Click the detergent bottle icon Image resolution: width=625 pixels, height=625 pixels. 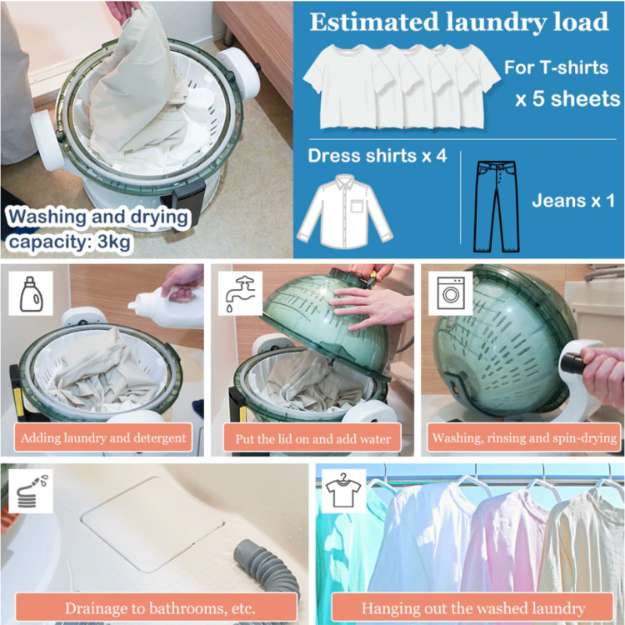(31, 294)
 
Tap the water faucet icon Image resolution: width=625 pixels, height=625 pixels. (240, 294)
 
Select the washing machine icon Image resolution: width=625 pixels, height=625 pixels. (451, 294)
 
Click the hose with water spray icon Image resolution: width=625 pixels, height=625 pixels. (31, 491)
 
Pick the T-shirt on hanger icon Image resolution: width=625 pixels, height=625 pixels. (343, 491)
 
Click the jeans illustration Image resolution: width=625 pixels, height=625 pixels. (497, 207)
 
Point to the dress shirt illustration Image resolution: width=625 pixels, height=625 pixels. (345, 212)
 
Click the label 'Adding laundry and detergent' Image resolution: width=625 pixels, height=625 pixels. (103, 437)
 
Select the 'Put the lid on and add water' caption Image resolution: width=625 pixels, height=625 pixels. (312, 438)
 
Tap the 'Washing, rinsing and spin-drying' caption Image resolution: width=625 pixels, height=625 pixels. (524, 438)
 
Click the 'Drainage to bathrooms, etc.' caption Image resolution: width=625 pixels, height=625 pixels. (160, 608)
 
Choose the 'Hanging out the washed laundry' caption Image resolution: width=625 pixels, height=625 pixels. (473, 608)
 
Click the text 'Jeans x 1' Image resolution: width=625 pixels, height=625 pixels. (573, 201)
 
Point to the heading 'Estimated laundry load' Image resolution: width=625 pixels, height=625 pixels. (459, 22)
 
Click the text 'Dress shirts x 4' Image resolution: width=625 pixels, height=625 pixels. (377, 156)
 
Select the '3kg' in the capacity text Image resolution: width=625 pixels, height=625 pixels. (114, 242)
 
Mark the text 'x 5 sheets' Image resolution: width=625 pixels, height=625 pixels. (567, 99)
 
